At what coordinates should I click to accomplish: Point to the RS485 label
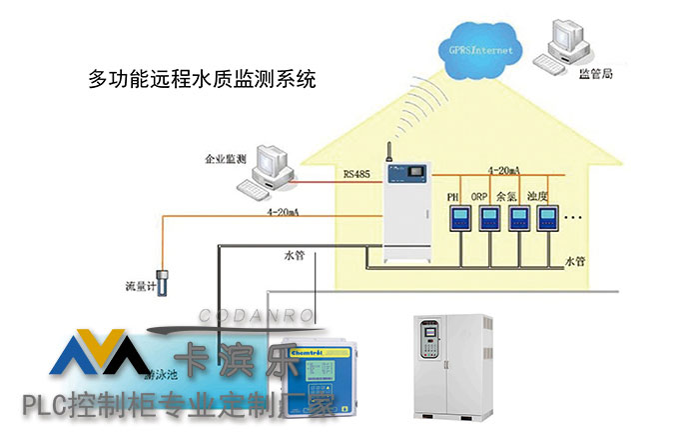click(x=355, y=175)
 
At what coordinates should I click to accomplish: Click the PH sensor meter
click(x=459, y=219)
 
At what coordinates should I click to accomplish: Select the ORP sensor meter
click(x=489, y=219)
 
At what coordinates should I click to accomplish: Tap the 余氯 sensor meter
click(x=519, y=219)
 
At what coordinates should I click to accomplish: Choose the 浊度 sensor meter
click(x=548, y=219)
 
